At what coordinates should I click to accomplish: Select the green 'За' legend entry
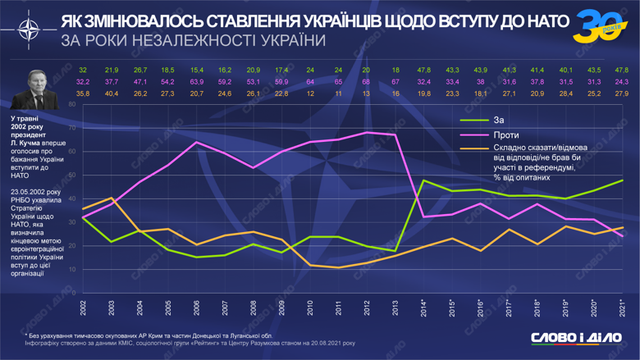point(498,121)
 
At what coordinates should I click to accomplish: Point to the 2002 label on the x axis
point(83,310)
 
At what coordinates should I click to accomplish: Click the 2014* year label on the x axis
point(423,310)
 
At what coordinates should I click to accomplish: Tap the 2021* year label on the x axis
point(623,310)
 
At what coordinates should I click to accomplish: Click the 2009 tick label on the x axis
point(282,310)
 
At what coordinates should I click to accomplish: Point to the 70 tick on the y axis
point(72,128)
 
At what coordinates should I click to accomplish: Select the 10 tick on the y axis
point(72,269)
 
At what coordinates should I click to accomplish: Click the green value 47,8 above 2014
point(423,71)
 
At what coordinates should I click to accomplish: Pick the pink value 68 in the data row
point(366,82)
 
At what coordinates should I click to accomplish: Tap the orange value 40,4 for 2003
point(112,93)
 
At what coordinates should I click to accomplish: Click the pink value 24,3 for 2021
point(622,82)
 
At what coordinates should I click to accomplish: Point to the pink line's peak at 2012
point(367,132)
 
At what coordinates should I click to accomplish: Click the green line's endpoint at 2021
point(622,180)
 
